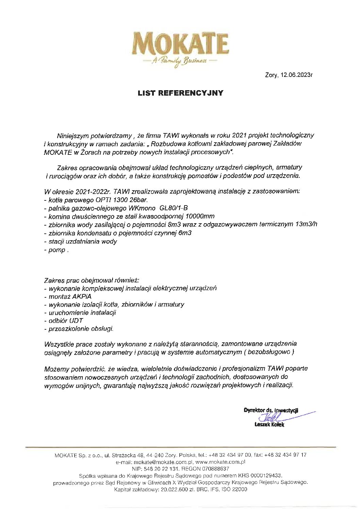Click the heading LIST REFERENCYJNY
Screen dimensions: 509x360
point(180,93)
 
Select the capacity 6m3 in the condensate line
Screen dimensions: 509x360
point(185,233)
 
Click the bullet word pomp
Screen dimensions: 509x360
point(57,250)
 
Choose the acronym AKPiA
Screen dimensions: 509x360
point(82,296)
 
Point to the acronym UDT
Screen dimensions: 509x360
point(76,321)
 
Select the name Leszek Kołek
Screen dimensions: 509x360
point(269,425)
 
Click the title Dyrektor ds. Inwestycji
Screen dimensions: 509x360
point(271,410)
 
